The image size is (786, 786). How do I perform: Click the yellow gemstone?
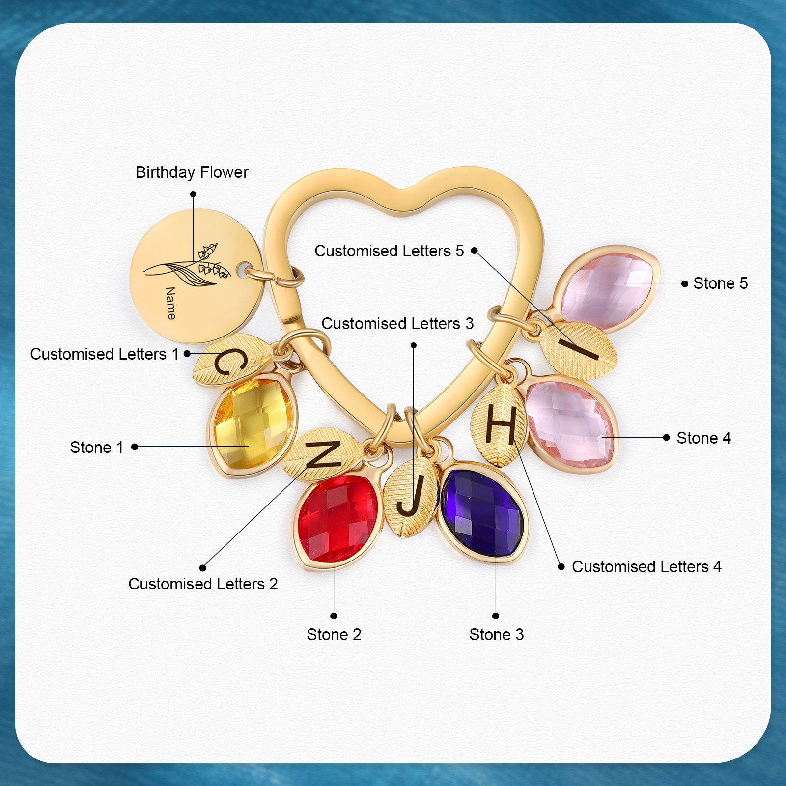253,423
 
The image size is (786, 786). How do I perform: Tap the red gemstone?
338,518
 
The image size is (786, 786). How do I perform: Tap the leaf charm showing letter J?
410,496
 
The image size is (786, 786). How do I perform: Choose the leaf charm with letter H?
499,425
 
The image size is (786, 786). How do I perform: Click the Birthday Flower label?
192,172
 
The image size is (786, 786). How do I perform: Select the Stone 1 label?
97,447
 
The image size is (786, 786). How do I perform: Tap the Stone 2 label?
334,634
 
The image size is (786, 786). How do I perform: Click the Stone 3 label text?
496,634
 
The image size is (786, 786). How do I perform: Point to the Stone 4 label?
703,438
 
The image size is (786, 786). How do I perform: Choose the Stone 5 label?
720,283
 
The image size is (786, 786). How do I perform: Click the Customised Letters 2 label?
203,584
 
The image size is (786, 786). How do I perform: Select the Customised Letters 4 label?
646,566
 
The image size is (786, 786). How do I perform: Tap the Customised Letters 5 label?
389,251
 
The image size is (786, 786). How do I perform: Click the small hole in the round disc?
242,270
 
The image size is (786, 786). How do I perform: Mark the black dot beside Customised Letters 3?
414,345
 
